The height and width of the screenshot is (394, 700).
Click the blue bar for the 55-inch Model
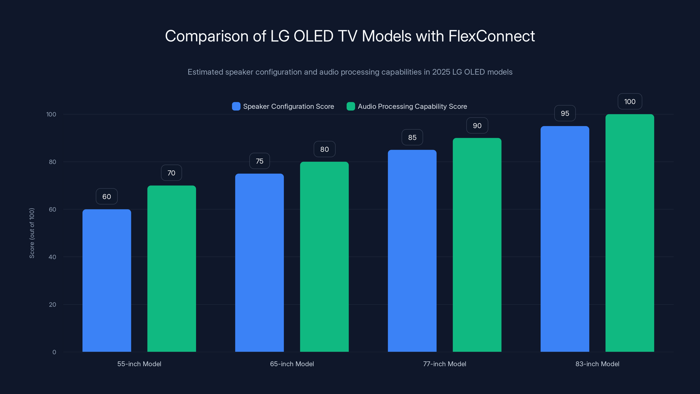107,280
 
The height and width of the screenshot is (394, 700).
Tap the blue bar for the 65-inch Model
259,263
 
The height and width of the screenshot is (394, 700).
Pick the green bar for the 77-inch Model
477,245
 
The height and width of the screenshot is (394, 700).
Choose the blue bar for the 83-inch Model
565,239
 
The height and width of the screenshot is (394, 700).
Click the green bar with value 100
630,233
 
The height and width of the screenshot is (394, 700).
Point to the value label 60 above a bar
107,196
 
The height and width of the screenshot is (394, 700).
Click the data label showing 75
259,161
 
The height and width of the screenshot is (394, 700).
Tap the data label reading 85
412,137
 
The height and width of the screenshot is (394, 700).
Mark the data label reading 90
477,125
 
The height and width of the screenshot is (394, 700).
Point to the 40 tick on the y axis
52,257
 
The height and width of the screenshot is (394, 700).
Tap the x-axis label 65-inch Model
292,364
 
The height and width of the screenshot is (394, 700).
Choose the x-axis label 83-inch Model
597,364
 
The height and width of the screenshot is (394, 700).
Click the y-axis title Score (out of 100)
32,233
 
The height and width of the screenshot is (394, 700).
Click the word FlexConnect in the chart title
491,36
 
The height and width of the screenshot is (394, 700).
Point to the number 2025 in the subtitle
441,72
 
